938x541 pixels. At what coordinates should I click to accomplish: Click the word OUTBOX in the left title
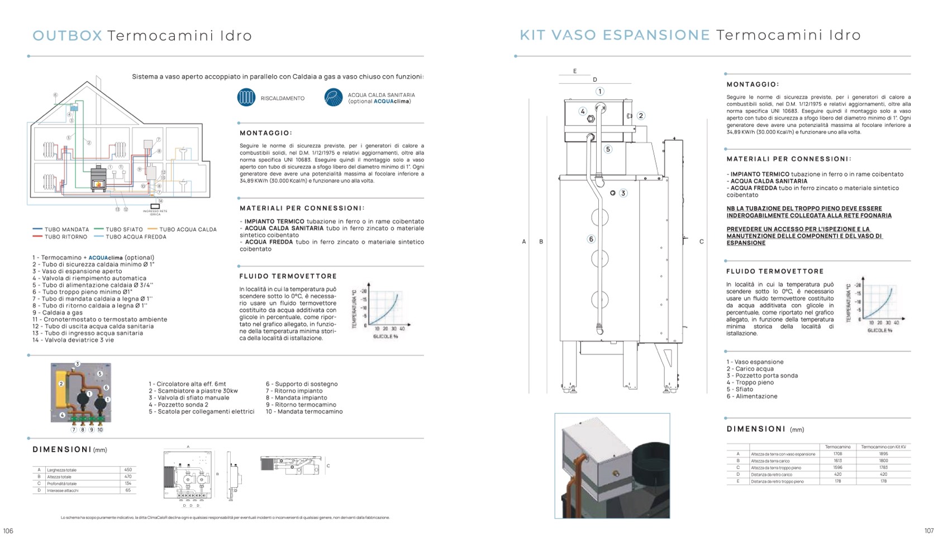(x=67, y=36)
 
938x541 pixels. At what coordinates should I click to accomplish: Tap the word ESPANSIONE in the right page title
(x=656, y=35)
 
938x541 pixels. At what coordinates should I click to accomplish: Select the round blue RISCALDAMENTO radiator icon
(x=246, y=98)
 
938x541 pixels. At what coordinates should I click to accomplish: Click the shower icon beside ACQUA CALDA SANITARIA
(x=334, y=98)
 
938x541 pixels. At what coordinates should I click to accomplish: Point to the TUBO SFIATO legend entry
(x=119, y=230)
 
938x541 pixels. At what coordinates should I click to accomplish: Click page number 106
(x=8, y=531)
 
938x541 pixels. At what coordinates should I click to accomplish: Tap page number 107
(x=929, y=531)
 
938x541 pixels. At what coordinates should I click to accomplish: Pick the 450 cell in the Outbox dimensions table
(x=128, y=470)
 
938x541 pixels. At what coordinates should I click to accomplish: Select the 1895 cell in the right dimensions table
(x=883, y=454)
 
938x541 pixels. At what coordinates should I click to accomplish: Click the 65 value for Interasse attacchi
(x=128, y=490)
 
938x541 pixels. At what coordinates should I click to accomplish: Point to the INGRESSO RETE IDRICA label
(x=155, y=212)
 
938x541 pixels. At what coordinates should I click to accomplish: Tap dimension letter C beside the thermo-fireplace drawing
(x=702, y=242)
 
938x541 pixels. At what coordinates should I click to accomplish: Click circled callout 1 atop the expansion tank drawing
(x=599, y=91)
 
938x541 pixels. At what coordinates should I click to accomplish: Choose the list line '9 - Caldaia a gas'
(x=58, y=313)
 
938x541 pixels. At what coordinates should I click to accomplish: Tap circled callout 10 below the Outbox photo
(x=100, y=430)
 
